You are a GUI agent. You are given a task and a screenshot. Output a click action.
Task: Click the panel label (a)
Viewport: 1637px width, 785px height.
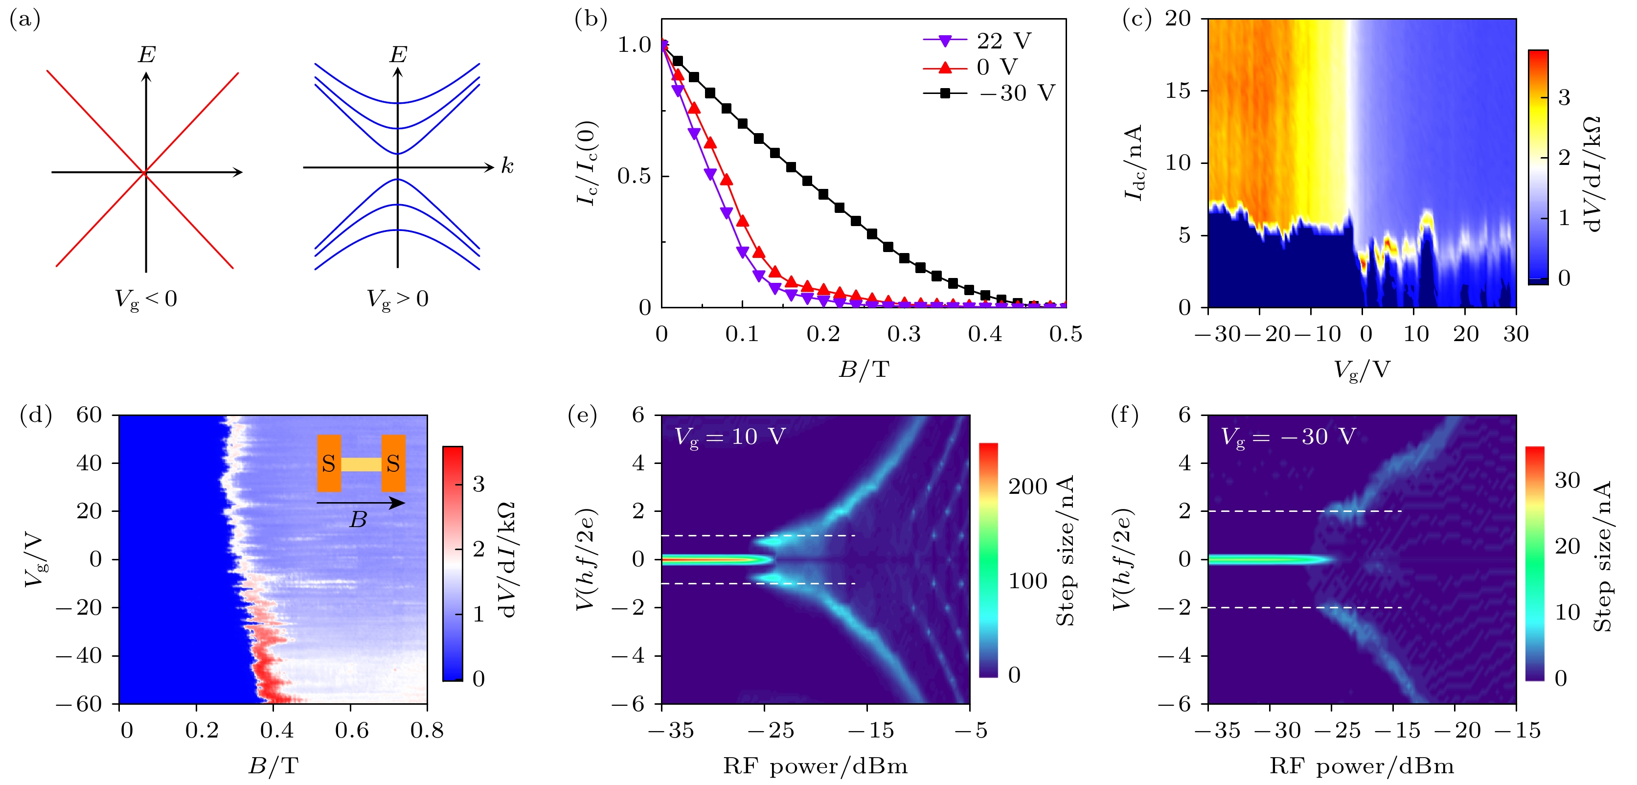click(x=25, y=21)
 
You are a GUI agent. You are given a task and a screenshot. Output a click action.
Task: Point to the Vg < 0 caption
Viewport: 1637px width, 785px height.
click(x=145, y=299)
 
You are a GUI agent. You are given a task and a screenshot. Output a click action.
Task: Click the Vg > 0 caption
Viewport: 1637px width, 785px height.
click(x=398, y=299)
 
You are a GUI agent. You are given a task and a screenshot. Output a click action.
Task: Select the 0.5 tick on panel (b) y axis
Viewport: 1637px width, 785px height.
click(x=634, y=176)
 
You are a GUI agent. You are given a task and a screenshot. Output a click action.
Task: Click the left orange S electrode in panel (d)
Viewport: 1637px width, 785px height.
click(x=329, y=463)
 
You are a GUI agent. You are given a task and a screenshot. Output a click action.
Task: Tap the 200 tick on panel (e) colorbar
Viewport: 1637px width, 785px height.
click(x=1027, y=487)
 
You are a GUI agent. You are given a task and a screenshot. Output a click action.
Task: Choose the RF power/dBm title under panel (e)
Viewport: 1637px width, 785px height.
click(x=816, y=766)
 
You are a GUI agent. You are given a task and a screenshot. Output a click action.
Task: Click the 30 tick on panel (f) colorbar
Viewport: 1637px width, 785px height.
click(x=1567, y=480)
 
